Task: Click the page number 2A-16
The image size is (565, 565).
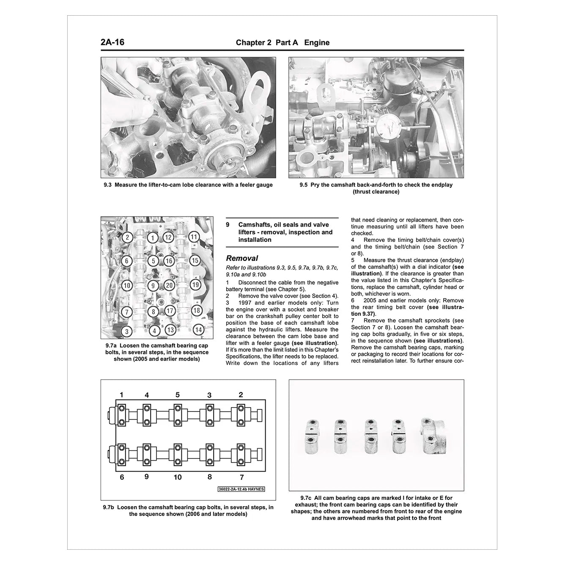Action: pos(112,42)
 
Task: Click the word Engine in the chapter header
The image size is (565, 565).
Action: pos(317,43)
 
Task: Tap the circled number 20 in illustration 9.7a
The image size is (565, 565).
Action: pos(169,285)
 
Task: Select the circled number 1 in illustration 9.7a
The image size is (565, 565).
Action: pos(152,239)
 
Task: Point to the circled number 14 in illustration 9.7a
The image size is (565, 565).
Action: pos(198,329)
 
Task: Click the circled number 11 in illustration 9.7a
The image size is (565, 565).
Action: pos(194,237)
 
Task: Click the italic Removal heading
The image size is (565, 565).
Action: pos(242,258)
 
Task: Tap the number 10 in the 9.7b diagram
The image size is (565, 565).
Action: pos(178,477)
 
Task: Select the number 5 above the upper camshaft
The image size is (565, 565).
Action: pos(178,395)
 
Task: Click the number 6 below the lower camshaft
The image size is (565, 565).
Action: pos(122,477)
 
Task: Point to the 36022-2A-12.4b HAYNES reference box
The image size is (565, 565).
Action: pos(241,489)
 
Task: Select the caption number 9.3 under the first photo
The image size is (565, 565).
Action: pos(108,185)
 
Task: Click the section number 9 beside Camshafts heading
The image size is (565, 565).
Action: pos(228,225)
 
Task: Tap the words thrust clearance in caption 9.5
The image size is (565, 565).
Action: pos(376,192)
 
